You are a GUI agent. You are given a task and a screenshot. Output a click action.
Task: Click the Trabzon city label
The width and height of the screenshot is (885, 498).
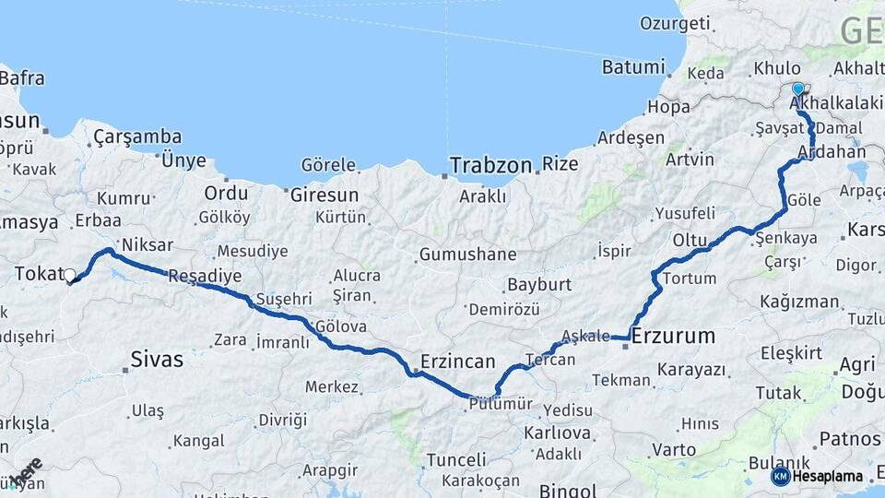click(x=490, y=166)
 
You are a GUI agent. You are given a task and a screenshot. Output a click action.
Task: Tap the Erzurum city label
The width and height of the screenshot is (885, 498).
click(x=673, y=337)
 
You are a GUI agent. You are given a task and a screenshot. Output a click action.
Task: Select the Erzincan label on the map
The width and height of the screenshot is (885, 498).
click(x=457, y=361)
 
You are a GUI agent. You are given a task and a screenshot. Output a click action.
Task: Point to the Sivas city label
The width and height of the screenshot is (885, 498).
click(x=157, y=359)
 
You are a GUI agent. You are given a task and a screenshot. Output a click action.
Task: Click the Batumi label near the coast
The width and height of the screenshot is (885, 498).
click(x=632, y=66)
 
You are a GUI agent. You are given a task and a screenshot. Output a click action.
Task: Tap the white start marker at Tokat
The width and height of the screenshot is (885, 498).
click(x=69, y=275)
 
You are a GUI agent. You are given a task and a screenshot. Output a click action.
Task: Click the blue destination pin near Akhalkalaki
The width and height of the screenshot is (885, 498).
click(x=798, y=89)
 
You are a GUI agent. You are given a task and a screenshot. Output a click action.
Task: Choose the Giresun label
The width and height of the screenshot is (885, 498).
click(x=324, y=195)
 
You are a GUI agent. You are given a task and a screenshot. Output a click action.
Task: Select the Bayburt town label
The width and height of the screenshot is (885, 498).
click(x=539, y=284)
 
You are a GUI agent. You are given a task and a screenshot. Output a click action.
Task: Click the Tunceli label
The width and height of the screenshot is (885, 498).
click(x=455, y=460)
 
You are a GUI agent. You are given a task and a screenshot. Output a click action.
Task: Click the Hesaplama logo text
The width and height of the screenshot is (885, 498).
click(x=828, y=477)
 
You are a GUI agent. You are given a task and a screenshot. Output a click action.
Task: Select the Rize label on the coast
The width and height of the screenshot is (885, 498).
click(x=560, y=164)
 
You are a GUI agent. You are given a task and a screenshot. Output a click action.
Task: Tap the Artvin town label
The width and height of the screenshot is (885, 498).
click(x=690, y=160)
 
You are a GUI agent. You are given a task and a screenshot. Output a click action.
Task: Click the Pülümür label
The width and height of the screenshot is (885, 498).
click(x=501, y=403)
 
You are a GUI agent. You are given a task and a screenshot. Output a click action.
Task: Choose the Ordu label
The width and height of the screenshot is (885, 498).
click(x=226, y=194)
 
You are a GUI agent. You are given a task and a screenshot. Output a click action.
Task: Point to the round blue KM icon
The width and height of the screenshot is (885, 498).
click(x=780, y=477)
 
